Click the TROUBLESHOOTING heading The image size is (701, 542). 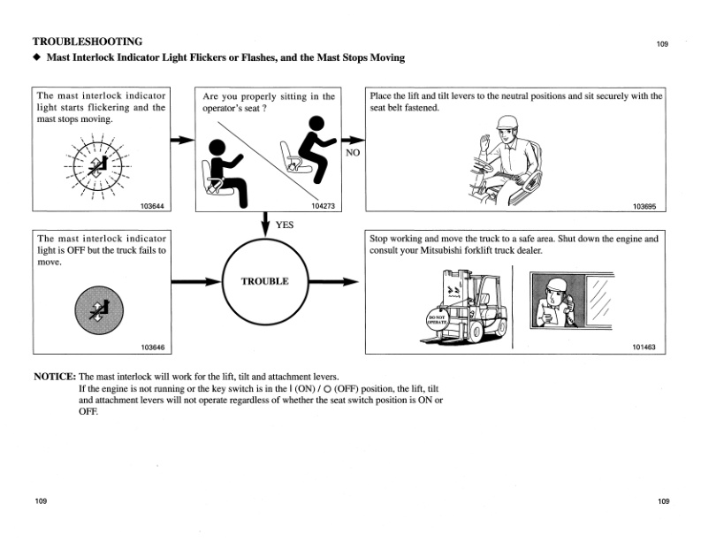click(87, 41)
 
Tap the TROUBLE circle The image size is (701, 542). click(264, 283)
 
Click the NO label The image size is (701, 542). click(353, 151)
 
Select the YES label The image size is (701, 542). click(284, 225)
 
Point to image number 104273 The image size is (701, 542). click(324, 207)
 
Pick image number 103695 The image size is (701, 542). click(644, 207)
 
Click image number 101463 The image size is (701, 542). click(644, 347)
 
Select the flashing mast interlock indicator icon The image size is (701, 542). click(98, 166)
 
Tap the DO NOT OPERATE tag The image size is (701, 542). click(438, 318)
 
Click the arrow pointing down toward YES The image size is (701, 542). click(265, 223)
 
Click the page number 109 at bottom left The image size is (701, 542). click(41, 501)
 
